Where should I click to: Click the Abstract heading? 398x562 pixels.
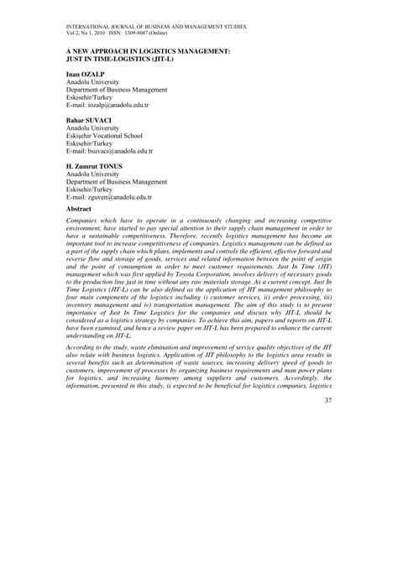[78, 208]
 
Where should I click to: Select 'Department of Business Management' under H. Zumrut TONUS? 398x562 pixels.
[117, 181]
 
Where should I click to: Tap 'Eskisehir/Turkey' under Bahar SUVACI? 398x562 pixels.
[91, 143]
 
